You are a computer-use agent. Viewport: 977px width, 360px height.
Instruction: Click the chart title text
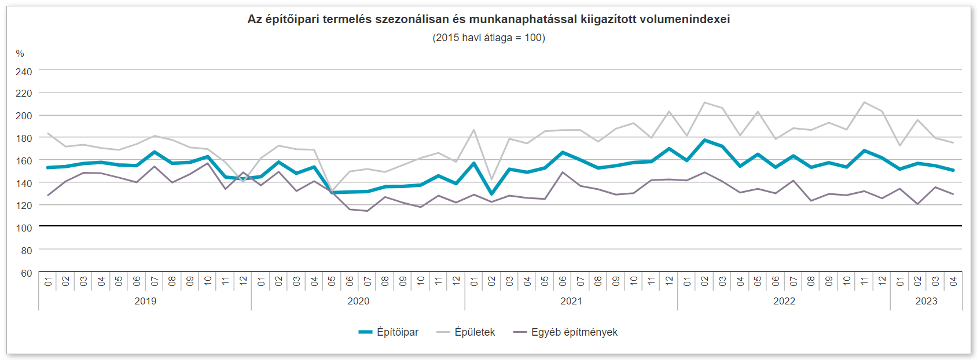(488, 19)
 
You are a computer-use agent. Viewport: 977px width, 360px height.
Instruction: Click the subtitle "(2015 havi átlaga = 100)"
(488, 38)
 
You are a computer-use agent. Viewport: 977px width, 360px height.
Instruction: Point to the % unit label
(20, 54)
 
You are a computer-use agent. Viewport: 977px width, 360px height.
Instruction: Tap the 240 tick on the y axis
(24, 72)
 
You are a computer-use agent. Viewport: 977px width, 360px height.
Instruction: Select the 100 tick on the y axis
(24, 228)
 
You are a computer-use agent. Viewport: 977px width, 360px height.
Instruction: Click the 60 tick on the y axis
(27, 273)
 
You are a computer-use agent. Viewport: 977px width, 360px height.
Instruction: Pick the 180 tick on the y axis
(24, 138)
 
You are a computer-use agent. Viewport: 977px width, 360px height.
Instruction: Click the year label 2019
(145, 301)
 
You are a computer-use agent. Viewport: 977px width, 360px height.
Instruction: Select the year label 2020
(358, 301)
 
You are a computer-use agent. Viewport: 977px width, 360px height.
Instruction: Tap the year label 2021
(571, 301)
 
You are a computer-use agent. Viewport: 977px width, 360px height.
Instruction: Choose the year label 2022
(784, 301)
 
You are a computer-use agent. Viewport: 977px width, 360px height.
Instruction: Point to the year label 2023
(926, 301)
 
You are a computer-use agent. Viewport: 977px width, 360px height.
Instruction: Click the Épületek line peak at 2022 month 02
(704, 103)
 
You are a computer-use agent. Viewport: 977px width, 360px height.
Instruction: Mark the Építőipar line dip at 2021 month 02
(492, 194)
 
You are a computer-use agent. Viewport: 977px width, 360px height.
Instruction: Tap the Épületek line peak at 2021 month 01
(474, 130)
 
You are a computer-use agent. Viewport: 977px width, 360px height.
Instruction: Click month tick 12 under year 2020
(456, 281)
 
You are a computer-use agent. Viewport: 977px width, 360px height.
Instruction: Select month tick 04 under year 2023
(953, 281)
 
